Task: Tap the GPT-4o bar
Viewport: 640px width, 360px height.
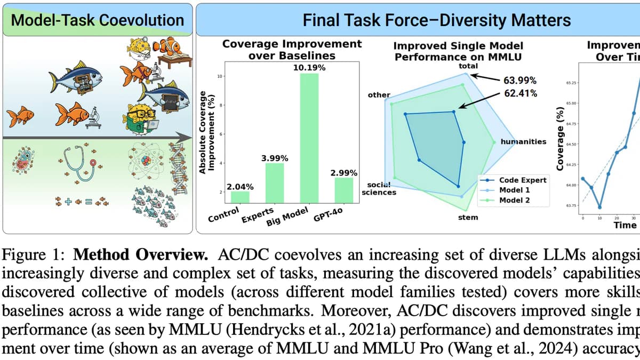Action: click(x=343, y=190)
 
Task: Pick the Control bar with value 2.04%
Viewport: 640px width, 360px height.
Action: click(x=240, y=196)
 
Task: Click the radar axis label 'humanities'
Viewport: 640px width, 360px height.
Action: click(x=523, y=141)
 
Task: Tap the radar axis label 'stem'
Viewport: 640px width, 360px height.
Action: click(x=468, y=217)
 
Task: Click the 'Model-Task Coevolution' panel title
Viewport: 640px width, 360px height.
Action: click(x=97, y=20)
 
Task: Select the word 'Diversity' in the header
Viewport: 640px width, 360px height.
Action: click(x=481, y=21)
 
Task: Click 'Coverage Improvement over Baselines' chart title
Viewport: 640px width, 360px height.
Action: click(x=292, y=49)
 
